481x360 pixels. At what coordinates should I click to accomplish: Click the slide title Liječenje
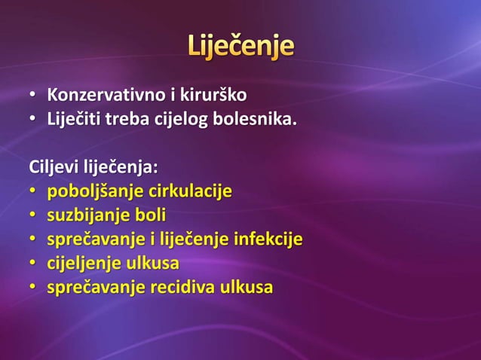[240, 47]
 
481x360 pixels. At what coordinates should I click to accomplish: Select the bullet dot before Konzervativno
[33, 96]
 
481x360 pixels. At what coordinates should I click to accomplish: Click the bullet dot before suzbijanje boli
[33, 216]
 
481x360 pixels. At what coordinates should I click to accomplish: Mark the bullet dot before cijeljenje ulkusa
[33, 264]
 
